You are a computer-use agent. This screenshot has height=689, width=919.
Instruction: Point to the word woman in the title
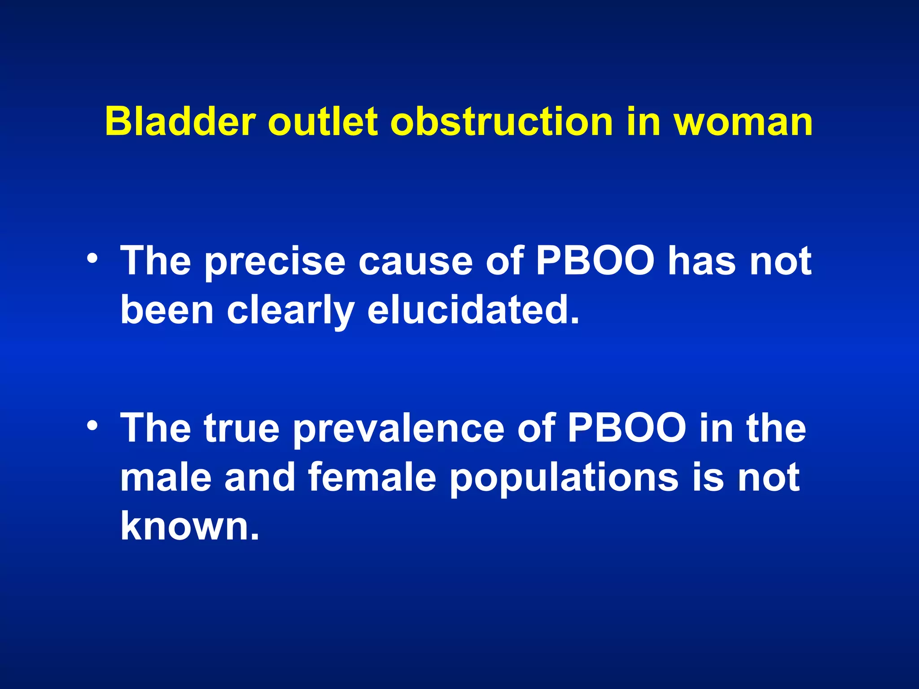pyautogui.click(x=743, y=122)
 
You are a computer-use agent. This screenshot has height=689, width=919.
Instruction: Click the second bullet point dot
pyautogui.click(x=92, y=427)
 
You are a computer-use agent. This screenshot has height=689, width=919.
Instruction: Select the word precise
pyautogui.click(x=275, y=262)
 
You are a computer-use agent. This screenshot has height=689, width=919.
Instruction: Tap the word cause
pyautogui.click(x=415, y=262)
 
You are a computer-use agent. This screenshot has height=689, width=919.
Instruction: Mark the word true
pyautogui.click(x=242, y=428)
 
